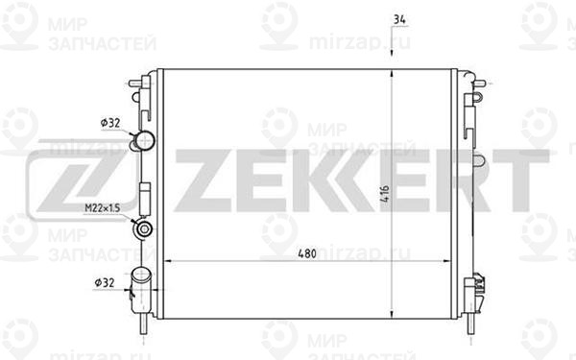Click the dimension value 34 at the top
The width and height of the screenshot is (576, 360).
tap(399, 19)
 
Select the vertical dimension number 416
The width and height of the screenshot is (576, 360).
tap(385, 195)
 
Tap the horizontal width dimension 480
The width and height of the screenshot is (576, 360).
tap(307, 253)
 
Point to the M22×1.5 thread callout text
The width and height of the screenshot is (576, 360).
tap(103, 208)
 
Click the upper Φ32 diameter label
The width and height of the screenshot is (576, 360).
tap(110, 123)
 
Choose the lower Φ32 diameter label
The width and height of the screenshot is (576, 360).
tap(105, 283)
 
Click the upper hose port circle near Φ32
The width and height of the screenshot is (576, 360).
tap(145, 139)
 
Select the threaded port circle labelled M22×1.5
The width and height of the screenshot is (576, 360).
tap(144, 229)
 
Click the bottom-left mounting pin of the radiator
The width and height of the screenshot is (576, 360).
tap(143, 324)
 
